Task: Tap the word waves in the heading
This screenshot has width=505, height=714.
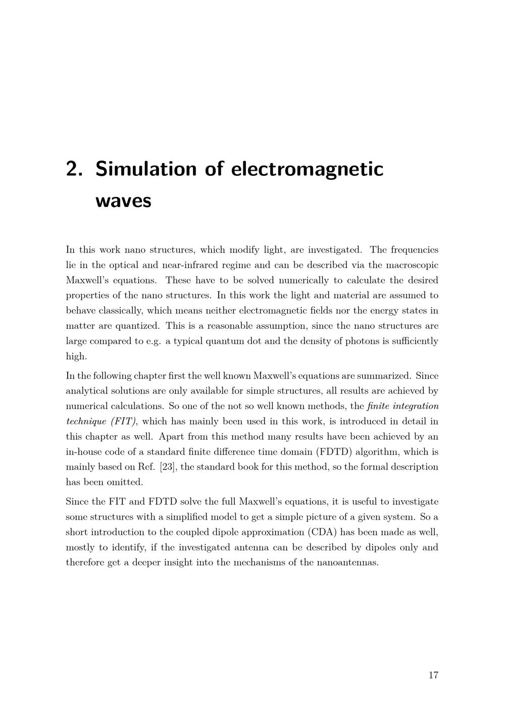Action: pyautogui.click(x=123, y=201)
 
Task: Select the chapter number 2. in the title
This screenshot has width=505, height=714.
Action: pyautogui.click(x=74, y=169)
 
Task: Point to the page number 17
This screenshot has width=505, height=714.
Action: pyautogui.click(x=433, y=675)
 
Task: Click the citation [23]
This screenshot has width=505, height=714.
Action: pyautogui.click(x=168, y=467)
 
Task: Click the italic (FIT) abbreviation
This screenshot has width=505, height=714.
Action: pyautogui.click(x=123, y=421)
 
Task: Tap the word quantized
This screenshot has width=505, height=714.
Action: pyautogui.click(x=136, y=326)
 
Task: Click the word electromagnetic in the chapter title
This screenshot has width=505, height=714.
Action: pyautogui.click(x=308, y=169)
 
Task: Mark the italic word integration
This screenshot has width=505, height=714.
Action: pyautogui.click(x=416, y=406)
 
